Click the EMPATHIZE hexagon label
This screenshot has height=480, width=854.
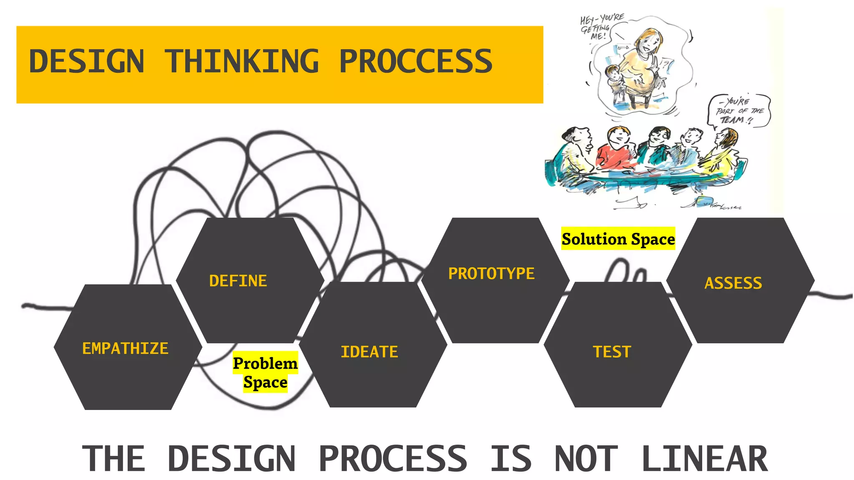coord(125,348)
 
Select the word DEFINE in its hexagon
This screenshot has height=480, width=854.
coord(238,281)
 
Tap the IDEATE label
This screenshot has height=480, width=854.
coord(369,352)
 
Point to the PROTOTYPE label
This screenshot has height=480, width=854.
coord(491,274)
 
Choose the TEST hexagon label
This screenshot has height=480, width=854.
coord(612,352)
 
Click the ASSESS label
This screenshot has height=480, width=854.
coord(733,283)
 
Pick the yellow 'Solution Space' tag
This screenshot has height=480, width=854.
coord(618,239)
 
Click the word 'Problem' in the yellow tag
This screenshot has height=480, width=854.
coord(265,363)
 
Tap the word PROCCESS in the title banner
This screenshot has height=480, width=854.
coord(416,61)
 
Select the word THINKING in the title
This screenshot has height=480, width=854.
coord(242,61)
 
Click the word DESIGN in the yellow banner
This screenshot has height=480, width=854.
coord(87,61)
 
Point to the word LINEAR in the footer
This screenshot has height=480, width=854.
coord(705,458)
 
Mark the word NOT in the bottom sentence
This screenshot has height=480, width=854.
coord(586,458)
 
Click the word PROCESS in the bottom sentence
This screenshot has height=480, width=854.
coord(393,458)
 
